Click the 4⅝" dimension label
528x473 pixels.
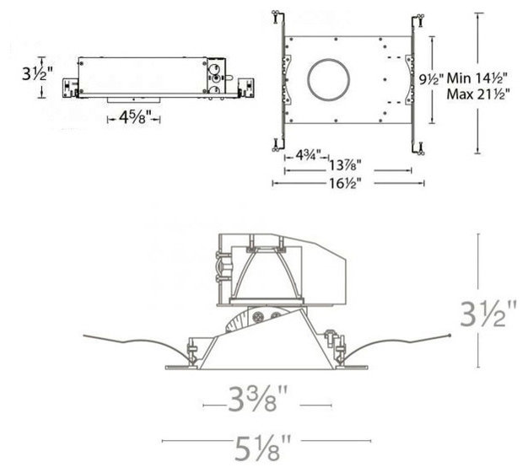click(133, 117)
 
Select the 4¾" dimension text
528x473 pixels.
click(309, 155)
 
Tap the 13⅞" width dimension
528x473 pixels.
click(345, 165)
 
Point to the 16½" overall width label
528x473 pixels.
click(345, 184)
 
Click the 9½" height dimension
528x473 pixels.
click(431, 79)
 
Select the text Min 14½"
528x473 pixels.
click(477, 78)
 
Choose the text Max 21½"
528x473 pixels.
click(478, 94)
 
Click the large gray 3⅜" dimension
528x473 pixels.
click(257, 399)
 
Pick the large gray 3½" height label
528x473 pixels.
click(488, 314)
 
